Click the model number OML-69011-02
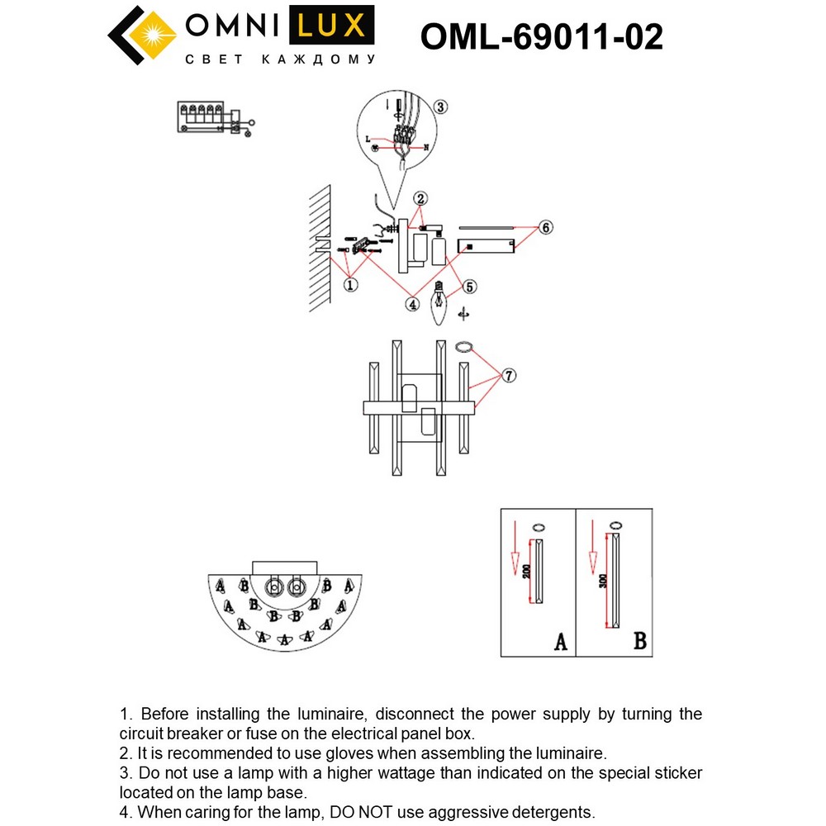coord(541,36)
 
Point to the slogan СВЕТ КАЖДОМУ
coord(279,59)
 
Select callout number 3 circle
coord(441,107)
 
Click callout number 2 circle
coord(420,198)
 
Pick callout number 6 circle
coord(544,227)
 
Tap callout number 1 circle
coord(350,285)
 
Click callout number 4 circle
coord(412,304)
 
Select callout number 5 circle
coord(468,287)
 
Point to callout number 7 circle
coord(509,376)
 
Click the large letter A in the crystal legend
coord(558,640)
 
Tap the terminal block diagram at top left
coord(213,117)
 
